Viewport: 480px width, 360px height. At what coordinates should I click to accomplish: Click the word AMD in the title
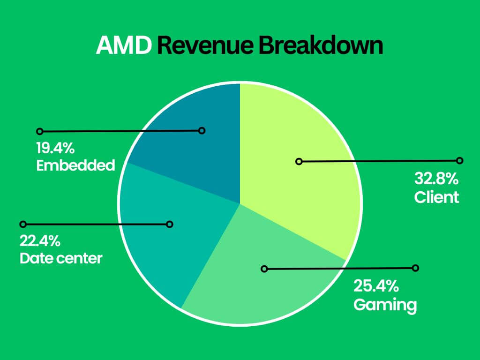click(x=124, y=46)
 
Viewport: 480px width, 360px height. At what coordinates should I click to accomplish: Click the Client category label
click(x=436, y=197)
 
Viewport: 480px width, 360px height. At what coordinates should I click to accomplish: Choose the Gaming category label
click(x=385, y=305)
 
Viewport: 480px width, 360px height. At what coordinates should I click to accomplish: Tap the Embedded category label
click(x=75, y=165)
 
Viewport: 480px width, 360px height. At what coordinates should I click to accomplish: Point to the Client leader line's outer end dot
click(x=459, y=160)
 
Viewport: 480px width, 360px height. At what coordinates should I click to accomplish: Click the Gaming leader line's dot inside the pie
click(x=264, y=269)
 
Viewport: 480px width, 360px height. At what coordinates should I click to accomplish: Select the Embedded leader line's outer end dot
click(x=40, y=131)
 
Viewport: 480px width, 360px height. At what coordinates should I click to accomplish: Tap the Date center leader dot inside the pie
click(x=170, y=225)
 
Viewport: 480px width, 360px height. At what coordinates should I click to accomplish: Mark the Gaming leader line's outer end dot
click(x=415, y=268)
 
